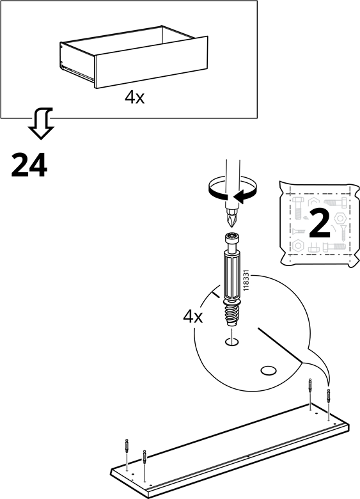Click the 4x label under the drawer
(134, 97)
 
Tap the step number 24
(29, 164)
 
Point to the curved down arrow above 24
(42, 123)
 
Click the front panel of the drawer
(151, 62)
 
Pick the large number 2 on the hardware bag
(320, 225)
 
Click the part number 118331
(245, 280)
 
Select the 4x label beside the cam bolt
(192, 317)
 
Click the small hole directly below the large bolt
(232, 342)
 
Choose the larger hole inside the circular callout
(269, 370)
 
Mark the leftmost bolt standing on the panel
(127, 445)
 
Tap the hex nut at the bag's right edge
(340, 219)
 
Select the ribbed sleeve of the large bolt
(232, 274)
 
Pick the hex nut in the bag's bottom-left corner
(298, 246)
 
